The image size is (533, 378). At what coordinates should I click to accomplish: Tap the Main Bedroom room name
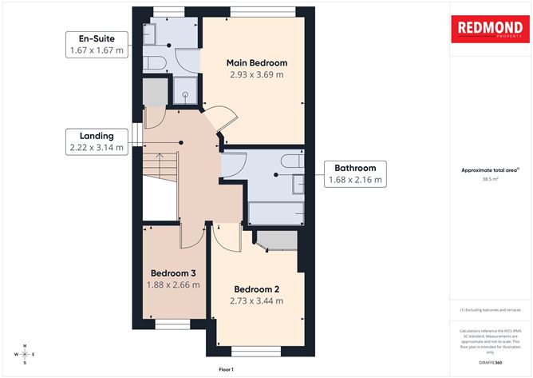tap(256, 62)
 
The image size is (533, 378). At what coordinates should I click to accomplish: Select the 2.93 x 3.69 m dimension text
tap(256, 75)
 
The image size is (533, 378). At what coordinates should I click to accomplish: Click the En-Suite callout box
tap(97, 45)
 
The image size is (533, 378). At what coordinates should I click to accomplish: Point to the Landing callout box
tap(97, 141)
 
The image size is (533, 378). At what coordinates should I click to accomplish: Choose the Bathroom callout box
tap(355, 174)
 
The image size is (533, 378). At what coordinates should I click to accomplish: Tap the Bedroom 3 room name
tap(173, 272)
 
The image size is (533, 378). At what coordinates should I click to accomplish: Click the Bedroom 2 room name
tap(256, 288)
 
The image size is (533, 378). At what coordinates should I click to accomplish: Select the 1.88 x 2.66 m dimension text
tap(173, 284)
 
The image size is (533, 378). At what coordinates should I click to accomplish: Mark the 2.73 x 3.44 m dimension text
tap(256, 300)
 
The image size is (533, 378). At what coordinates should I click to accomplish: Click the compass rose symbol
tap(25, 353)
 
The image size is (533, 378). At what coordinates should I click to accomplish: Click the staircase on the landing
tap(160, 167)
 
